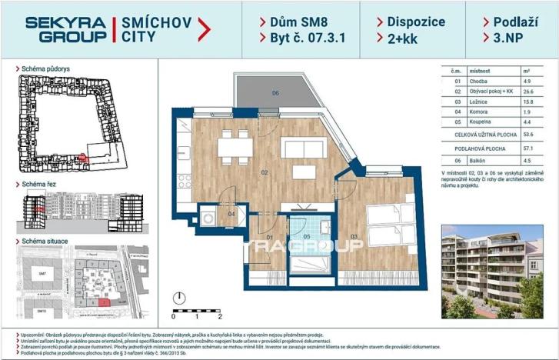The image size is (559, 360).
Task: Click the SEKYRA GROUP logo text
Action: tap(65, 29)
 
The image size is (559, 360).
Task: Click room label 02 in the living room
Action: tap(264, 172)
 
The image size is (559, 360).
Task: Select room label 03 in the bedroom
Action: tap(354, 236)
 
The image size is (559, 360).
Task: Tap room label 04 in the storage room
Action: tap(231, 215)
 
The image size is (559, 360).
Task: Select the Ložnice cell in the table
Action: tap(471, 101)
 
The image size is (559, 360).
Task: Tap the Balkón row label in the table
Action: tap(471, 161)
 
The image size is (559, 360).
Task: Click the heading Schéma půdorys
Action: tap(47, 68)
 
